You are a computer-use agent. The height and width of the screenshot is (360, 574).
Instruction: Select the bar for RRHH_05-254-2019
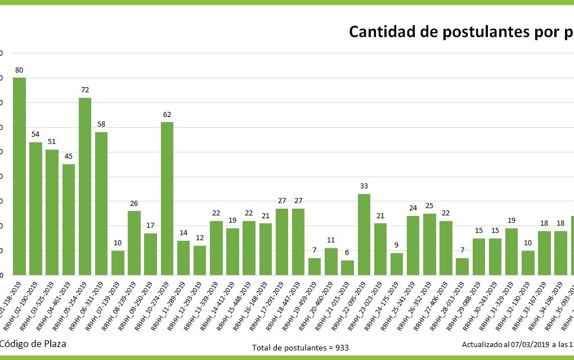coord(85,186)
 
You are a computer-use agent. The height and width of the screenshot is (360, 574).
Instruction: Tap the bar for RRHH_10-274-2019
coord(167,199)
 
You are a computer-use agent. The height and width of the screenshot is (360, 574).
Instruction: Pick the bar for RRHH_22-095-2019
coord(364,235)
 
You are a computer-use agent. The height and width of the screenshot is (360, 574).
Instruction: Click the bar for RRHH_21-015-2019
coord(348,268)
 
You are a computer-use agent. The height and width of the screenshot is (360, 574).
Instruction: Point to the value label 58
coord(101,124)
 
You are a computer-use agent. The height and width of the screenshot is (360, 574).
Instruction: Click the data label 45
coord(69,156)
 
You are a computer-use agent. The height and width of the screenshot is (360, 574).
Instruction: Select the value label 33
coord(364,186)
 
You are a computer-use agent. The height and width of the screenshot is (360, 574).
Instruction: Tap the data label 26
coord(134,203)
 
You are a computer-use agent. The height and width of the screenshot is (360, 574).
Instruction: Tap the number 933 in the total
coord(341,348)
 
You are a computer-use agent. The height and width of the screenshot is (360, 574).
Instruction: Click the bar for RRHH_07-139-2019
coord(118,263)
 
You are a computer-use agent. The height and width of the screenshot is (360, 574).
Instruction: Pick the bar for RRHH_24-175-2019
coord(397,264)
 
